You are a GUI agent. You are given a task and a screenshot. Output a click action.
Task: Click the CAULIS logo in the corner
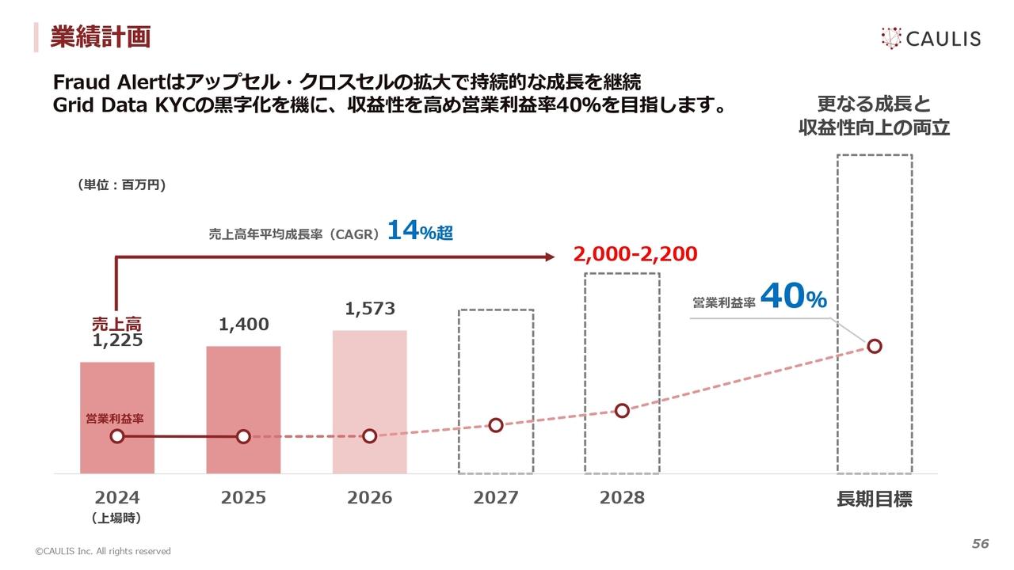pyautogui.click(x=930, y=38)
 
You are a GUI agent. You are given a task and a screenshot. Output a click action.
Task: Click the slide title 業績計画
pyautogui.click(x=100, y=36)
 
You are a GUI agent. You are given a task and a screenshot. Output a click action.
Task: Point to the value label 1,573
pyautogui.click(x=369, y=309)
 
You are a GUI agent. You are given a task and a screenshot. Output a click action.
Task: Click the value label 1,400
pyautogui.click(x=244, y=325)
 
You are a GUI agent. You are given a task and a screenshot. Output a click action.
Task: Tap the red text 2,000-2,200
pyautogui.click(x=635, y=254)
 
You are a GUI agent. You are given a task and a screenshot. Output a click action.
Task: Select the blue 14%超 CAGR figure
pyautogui.click(x=420, y=231)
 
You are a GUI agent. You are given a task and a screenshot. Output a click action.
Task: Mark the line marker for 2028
pyautogui.click(x=622, y=410)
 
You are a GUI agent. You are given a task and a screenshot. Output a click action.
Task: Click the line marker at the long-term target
pyautogui.click(x=875, y=346)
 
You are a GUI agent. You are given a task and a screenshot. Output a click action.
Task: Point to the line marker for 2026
pyautogui.click(x=369, y=436)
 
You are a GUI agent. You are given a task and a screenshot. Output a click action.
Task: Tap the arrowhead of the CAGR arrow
pyautogui.click(x=547, y=256)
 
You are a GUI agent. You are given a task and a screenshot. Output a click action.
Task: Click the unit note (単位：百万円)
pyautogui.click(x=121, y=184)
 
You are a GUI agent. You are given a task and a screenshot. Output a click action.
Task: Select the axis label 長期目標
pyautogui.click(x=875, y=499)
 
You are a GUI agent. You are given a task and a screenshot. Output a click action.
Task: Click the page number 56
pyautogui.click(x=981, y=544)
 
